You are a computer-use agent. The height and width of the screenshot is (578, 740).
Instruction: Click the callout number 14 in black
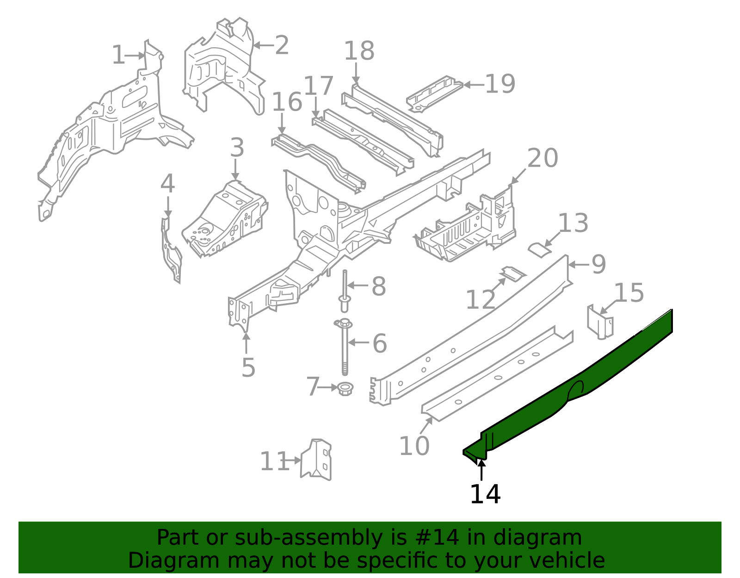pos(485,494)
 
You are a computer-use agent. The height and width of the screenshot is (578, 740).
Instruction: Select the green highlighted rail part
pos(601,370)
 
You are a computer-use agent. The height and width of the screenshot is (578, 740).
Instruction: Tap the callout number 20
pos(543,159)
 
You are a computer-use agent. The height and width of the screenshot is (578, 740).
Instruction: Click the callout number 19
pos(500,84)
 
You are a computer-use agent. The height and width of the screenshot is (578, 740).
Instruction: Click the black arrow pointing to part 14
pos(481,470)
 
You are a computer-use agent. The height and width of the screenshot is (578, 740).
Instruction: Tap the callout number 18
pos(359,51)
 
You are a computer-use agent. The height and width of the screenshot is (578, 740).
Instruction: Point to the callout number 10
pos(414,446)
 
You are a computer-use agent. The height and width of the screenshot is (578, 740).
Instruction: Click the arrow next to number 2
pos(263,45)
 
